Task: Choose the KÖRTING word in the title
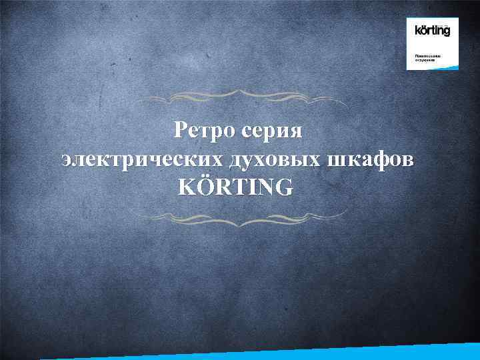point(235,187)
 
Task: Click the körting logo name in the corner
point(433,30)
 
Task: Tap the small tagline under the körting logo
point(425,58)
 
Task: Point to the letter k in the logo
point(418,30)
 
